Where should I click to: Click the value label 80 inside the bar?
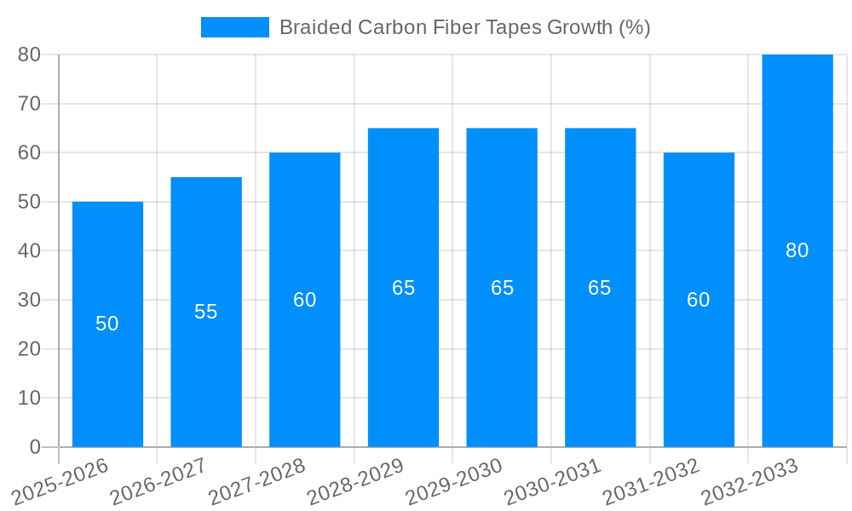tap(797, 250)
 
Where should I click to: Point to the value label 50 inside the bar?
tap(107, 324)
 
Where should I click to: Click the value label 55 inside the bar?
tap(206, 312)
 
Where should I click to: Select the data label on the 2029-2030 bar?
tap(503, 288)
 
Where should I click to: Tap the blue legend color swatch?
tap(234, 27)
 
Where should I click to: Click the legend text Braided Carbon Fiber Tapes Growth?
tap(464, 27)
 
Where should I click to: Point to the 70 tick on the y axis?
tap(29, 103)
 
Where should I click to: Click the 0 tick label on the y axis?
tap(35, 447)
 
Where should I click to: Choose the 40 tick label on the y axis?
tap(29, 250)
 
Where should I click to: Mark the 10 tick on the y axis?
tap(29, 398)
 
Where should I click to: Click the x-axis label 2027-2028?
tap(257, 481)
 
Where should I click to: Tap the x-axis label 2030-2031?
tap(553, 481)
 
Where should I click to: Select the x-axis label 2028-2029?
tap(355, 481)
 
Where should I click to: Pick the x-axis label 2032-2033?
tap(750, 481)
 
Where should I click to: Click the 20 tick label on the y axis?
tap(29, 349)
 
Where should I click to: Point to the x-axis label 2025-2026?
tap(60, 481)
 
